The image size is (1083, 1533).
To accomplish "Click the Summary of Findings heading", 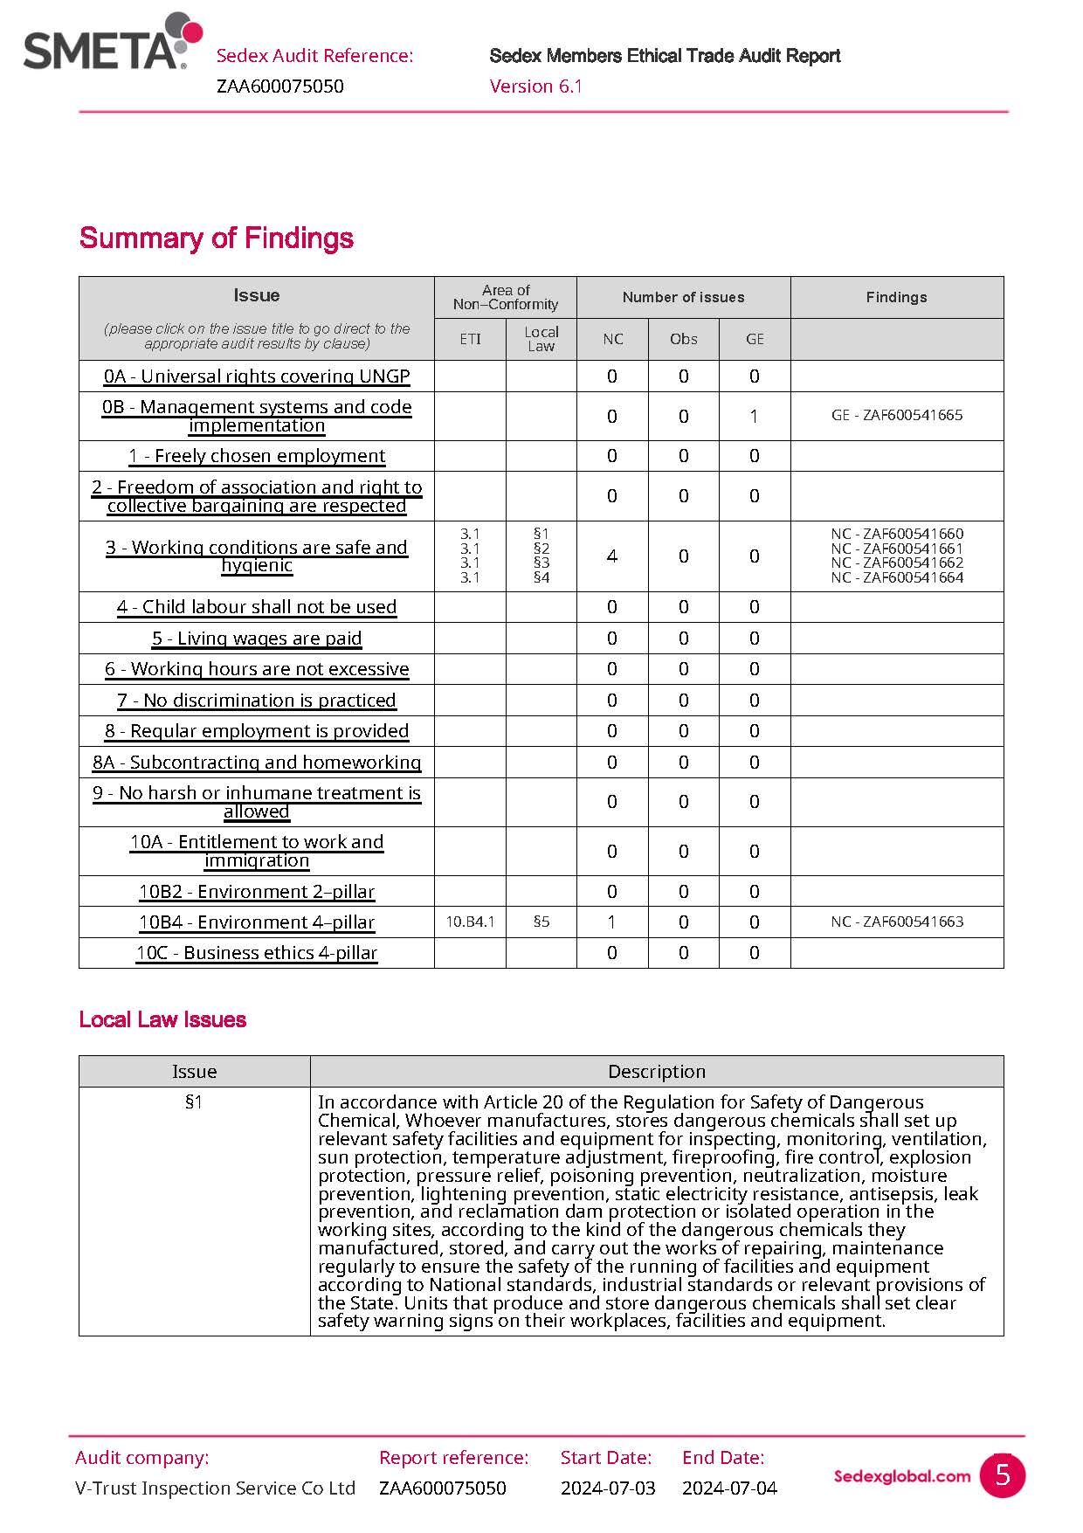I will pyautogui.click(x=216, y=238).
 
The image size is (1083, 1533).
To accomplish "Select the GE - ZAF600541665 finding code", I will pyautogui.click(x=896, y=415).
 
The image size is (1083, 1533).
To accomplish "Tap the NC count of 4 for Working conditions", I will pyautogui.click(x=611, y=556).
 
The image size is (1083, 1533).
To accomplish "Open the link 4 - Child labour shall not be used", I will pyautogui.click(x=257, y=607).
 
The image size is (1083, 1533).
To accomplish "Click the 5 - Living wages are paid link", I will pyautogui.click(x=257, y=639).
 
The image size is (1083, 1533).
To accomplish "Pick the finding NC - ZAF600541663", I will pyautogui.click(x=896, y=922).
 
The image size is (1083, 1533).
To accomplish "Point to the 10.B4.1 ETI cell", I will pyautogui.click(x=470, y=922).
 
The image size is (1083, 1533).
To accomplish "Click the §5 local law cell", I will pyautogui.click(x=541, y=922).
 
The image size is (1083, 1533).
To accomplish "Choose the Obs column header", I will pyautogui.click(x=683, y=339).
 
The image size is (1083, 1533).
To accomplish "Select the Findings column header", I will pyautogui.click(x=896, y=297).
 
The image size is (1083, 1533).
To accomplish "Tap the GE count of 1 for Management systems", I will pyautogui.click(x=754, y=416).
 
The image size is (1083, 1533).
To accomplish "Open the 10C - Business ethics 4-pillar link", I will pyautogui.click(x=257, y=953).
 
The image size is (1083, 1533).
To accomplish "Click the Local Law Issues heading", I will pyautogui.click(x=162, y=1019).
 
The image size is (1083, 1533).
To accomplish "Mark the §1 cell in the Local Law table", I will pyautogui.click(x=194, y=1102).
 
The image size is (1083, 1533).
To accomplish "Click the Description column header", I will pyautogui.click(x=656, y=1071).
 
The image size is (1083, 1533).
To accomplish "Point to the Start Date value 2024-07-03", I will pyautogui.click(x=608, y=1488).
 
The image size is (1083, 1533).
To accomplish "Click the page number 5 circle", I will pyautogui.click(x=1002, y=1474).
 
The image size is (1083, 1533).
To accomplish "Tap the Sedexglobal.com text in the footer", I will pyautogui.click(x=901, y=1476).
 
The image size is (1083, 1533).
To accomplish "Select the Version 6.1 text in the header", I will pyautogui.click(x=535, y=86).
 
